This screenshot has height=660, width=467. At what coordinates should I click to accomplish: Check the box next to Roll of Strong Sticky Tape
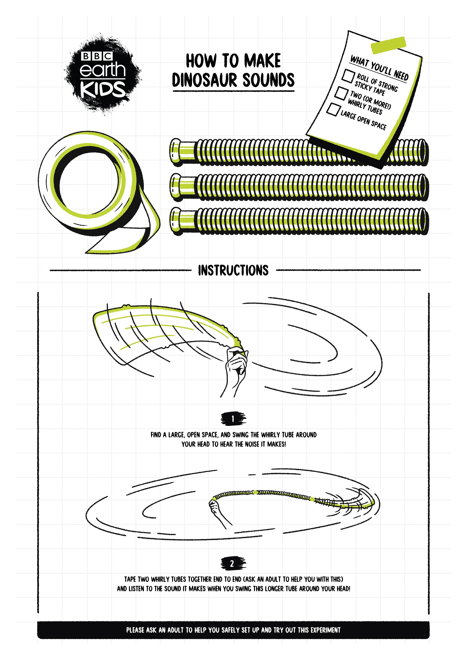pyautogui.click(x=348, y=76)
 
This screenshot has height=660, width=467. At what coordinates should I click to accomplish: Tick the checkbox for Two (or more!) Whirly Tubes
pyautogui.click(x=341, y=93)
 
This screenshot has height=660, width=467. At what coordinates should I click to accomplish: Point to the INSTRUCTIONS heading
pyautogui.click(x=233, y=271)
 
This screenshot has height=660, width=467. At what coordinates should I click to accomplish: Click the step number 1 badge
pyautogui.click(x=233, y=419)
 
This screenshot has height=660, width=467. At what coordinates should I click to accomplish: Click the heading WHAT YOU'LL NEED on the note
pyautogui.click(x=379, y=68)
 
